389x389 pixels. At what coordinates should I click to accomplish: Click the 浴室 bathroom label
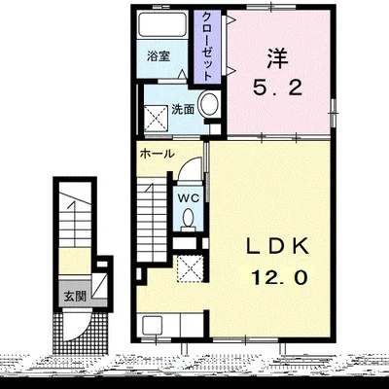click(159, 56)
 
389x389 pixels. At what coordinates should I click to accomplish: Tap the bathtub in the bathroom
click(162, 24)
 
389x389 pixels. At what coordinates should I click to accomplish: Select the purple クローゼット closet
click(207, 47)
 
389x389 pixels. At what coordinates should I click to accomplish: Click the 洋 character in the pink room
click(277, 58)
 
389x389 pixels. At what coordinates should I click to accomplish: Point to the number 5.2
click(277, 88)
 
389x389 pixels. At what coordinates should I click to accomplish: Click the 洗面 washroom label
click(183, 109)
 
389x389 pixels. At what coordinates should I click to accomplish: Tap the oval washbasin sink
click(209, 104)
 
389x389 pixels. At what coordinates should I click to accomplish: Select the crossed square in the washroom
click(156, 119)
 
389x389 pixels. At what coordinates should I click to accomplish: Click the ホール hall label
click(157, 154)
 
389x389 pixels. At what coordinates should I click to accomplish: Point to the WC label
click(188, 197)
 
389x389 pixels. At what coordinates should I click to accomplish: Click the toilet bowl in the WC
click(188, 220)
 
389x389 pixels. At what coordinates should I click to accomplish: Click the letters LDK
click(277, 247)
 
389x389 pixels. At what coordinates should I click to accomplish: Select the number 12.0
click(279, 277)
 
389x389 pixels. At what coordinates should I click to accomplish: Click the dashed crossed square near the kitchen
click(191, 268)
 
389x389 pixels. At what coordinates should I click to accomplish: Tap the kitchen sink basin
click(152, 325)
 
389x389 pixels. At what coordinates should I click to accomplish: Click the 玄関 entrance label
click(75, 296)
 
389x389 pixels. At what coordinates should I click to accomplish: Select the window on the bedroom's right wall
click(333, 113)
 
